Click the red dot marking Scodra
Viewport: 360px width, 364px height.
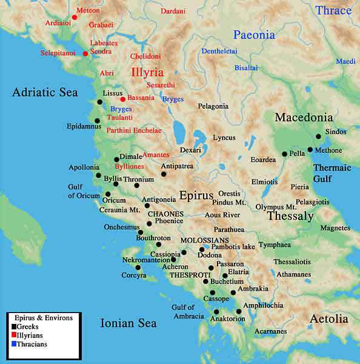85,53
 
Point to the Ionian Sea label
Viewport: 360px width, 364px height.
128,323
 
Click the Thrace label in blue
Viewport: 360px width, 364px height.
333,10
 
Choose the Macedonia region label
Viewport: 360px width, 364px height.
304,117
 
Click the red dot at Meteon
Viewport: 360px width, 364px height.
75,18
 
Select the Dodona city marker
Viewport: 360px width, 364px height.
202,249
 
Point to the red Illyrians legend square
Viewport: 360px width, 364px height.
13,335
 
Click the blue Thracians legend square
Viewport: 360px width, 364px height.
13,344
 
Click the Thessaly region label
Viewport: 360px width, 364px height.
290,216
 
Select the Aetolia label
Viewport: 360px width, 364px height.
328,318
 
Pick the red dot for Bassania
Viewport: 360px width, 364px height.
122,99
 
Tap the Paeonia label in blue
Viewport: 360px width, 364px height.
254,35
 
